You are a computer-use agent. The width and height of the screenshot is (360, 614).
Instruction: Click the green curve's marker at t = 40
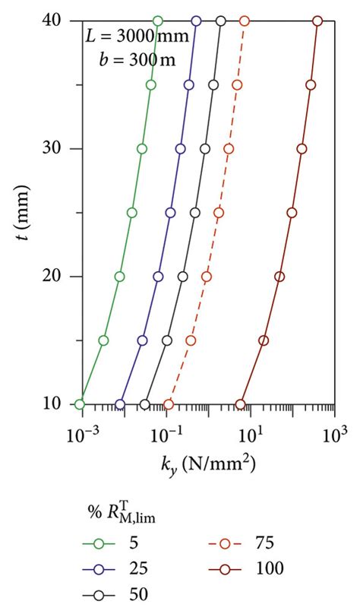pyautogui.click(x=157, y=21)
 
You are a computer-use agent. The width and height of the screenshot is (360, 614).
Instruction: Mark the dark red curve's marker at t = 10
pyautogui.click(x=241, y=404)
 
